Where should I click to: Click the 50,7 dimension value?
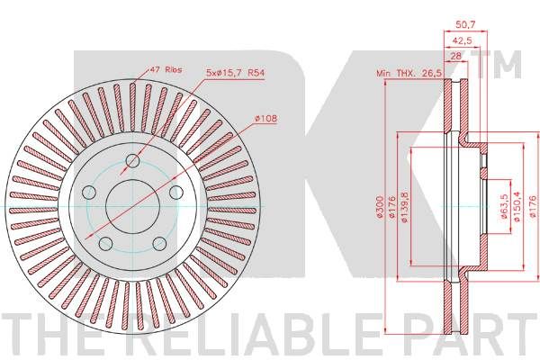465,25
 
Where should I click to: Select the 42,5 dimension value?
462,40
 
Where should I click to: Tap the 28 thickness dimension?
455,56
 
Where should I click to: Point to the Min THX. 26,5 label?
409,73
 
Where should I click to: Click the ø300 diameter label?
380,206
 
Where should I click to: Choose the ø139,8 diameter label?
405,206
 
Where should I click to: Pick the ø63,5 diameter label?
505,206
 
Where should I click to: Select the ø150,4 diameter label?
517,207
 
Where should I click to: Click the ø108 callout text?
265,119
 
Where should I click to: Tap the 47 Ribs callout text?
166,70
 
